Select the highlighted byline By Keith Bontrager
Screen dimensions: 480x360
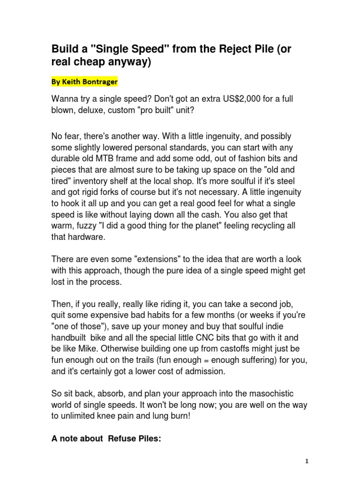(x=84, y=82)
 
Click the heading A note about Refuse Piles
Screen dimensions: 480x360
(x=106, y=439)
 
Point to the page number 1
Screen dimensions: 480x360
(x=307, y=461)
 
